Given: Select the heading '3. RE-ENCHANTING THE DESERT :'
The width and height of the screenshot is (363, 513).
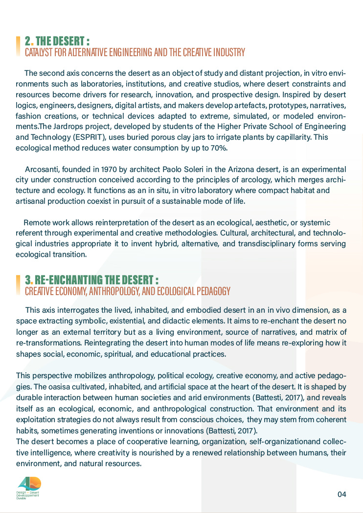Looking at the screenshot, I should point(91,280).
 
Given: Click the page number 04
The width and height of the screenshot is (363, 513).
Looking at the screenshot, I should point(341,494).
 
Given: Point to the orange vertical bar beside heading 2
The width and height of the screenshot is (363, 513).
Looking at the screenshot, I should point(18,46).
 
